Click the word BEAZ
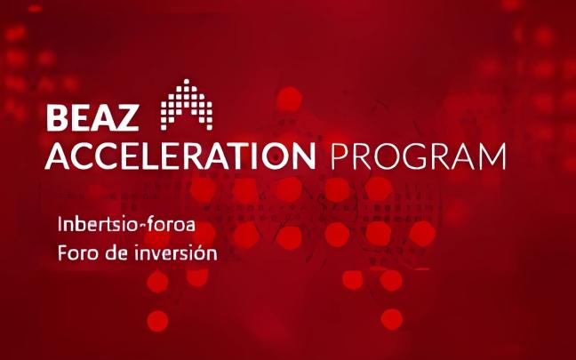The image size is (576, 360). click(92, 118)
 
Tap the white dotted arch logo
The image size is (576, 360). click(187, 105)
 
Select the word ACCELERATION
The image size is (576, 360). click(180, 156)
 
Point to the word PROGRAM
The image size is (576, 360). click(418, 156)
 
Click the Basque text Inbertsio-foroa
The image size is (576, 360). click(126, 225)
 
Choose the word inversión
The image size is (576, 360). click(176, 252)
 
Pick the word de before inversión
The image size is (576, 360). click(116, 252)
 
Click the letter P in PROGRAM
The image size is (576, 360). click(339, 156)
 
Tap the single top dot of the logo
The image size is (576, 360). click(187, 81)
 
